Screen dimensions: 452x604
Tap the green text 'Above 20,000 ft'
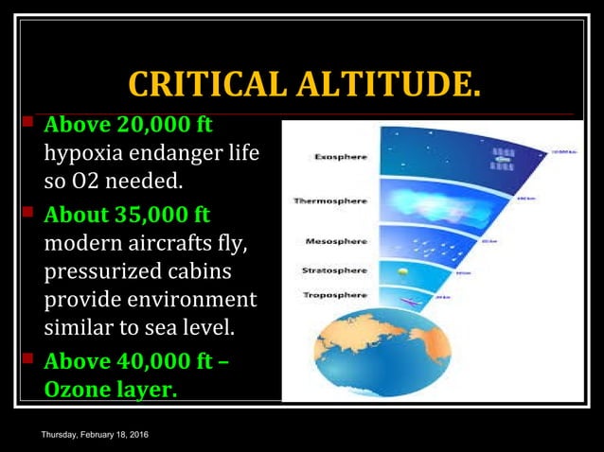coord(129,125)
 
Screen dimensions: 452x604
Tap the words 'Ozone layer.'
coord(110,389)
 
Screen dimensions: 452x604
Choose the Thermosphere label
coord(329,201)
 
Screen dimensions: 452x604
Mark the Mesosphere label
coord(336,242)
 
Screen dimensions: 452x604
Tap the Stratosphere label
coord(334,270)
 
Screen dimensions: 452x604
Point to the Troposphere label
coord(335,295)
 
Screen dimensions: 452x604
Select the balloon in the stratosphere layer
coord(403,269)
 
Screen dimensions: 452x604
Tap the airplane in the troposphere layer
coord(408,304)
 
